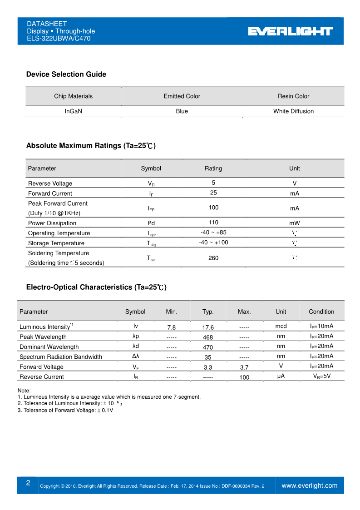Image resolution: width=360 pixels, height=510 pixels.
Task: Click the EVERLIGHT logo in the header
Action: click(x=290, y=31)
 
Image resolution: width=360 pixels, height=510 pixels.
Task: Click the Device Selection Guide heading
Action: click(x=66, y=74)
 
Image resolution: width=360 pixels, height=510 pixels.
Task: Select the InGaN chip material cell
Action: click(x=73, y=111)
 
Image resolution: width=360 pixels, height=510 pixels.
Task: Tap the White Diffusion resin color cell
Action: click(x=293, y=111)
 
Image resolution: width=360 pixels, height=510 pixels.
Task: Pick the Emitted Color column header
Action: click(x=182, y=96)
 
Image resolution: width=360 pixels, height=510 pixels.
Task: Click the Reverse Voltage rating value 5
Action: click(x=213, y=183)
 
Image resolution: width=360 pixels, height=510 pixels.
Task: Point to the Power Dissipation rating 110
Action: click(x=213, y=223)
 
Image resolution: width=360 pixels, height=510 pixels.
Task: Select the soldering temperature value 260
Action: click(x=213, y=258)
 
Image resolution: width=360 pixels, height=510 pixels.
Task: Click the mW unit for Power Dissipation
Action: click(x=295, y=223)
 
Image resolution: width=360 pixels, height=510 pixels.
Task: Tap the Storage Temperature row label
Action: click(x=56, y=243)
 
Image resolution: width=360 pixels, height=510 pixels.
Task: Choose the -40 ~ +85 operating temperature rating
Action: click(x=213, y=233)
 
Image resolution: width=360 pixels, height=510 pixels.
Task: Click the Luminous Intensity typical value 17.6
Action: click(x=208, y=327)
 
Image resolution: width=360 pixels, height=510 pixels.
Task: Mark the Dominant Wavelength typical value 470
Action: click(x=208, y=347)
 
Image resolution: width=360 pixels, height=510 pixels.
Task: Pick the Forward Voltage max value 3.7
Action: click(x=244, y=367)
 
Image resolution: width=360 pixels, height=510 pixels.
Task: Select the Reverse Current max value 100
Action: click(x=244, y=377)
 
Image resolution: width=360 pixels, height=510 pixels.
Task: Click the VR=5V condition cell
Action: click(x=321, y=376)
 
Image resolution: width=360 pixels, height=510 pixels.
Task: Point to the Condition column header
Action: click(x=321, y=312)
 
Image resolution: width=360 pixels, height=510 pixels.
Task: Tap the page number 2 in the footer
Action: click(x=28, y=483)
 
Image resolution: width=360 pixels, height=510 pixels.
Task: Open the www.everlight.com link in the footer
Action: click(x=310, y=485)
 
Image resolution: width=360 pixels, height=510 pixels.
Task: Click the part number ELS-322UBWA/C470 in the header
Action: click(x=59, y=39)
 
